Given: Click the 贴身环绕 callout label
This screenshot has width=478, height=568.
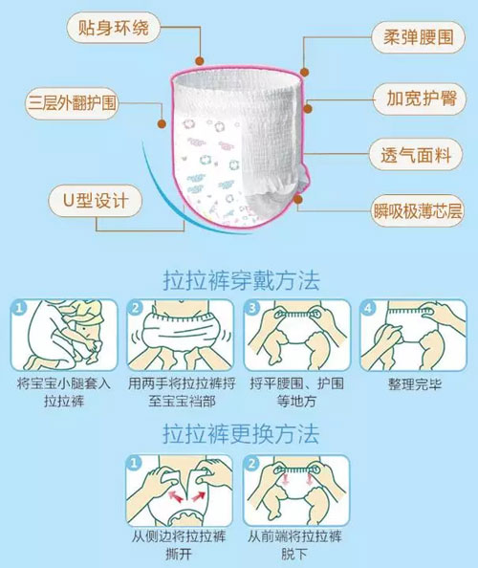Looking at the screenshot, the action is [x=114, y=28].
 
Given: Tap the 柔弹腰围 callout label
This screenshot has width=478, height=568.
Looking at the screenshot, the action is [x=419, y=37].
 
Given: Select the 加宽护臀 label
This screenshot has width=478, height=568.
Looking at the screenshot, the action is [x=420, y=98].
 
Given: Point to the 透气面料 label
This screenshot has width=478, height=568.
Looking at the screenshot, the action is [x=416, y=155].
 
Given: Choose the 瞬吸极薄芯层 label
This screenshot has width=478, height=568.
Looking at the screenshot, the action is [x=418, y=210].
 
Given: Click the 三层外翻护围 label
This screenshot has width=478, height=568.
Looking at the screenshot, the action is [x=72, y=103].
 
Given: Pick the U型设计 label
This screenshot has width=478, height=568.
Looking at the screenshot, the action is [x=96, y=200].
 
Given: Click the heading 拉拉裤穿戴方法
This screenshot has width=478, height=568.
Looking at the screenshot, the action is [x=242, y=280].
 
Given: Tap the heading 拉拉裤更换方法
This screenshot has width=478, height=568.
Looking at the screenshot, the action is [x=241, y=433].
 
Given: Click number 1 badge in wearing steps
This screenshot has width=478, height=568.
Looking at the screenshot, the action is [x=19, y=308].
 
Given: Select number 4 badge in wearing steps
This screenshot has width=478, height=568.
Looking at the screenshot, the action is [x=367, y=308].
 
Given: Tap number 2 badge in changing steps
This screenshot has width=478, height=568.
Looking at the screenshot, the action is [x=251, y=463].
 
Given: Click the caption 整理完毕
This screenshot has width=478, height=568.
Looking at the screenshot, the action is [x=415, y=384].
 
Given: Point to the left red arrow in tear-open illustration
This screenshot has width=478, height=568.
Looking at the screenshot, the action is [x=176, y=496].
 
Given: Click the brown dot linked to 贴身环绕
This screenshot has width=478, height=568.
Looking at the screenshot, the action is [x=199, y=61].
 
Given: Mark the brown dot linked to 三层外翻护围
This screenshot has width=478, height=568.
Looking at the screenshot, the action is [x=162, y=124].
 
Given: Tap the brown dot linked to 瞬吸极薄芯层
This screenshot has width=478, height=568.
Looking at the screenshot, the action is [x=298, y=199].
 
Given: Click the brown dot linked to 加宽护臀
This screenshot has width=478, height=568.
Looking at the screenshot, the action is [x=308, y=109].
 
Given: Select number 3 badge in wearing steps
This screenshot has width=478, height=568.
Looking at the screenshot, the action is [x=251, y=308].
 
